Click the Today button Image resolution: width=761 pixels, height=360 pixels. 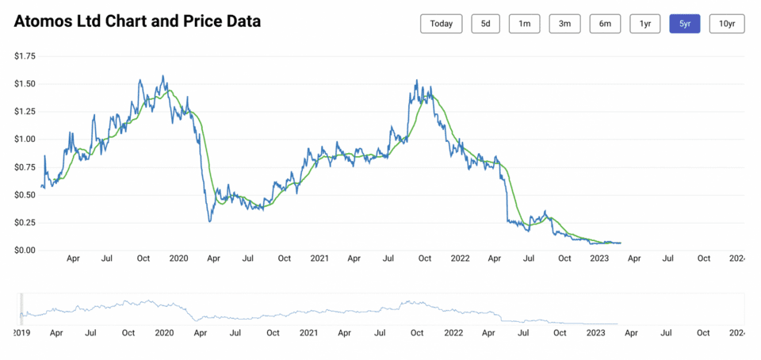[x=442, y=24]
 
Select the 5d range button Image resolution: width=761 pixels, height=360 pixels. [x=485, y=24]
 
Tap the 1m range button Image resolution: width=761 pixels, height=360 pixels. [x=525, y=24]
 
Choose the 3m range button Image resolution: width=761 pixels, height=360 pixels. [x=564, y=24]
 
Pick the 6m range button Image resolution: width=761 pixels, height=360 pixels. [x=605, y=24]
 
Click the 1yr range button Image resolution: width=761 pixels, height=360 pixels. [x=645, y=24]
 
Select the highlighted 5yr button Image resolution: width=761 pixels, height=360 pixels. [x=685, y=24]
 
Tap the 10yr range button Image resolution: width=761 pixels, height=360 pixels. [x=726, y=24]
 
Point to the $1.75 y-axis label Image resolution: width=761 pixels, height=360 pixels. [x=25, y=56]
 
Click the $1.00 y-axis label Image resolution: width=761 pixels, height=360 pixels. [x=25, y=139]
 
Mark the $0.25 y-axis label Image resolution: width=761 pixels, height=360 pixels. [x=25, y=222]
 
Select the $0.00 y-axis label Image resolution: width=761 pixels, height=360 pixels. [x=25, y=250]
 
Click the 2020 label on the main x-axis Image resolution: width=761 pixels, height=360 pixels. [x=179, y=259]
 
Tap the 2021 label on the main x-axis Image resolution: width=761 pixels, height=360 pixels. [x=319, y=259]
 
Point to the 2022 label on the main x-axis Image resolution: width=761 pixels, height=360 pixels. [x=461, y=259]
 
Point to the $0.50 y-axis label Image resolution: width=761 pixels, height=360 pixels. [x=25, y=194]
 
